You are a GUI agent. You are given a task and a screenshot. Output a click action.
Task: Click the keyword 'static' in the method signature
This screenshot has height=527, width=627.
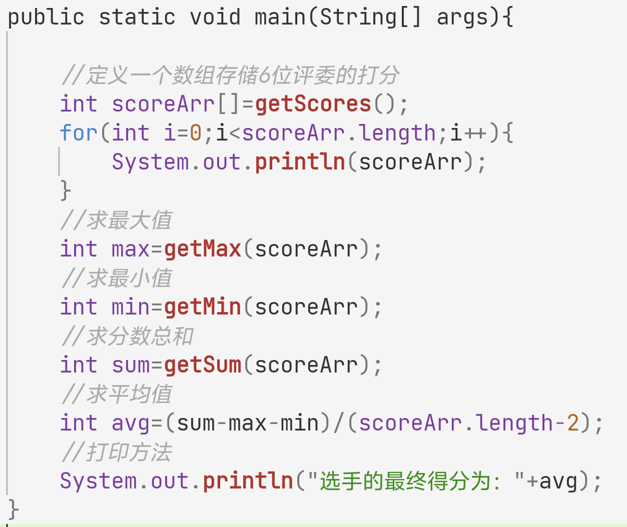(137, 17)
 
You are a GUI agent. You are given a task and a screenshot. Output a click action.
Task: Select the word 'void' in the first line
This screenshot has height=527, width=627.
(215, 17)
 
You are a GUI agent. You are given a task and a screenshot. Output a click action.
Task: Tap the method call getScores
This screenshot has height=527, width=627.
(313, 104)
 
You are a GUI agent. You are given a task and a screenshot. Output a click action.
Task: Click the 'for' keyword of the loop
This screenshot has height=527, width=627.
(79, 133)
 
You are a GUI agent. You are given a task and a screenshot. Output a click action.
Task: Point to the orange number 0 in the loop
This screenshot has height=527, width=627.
(196, 133)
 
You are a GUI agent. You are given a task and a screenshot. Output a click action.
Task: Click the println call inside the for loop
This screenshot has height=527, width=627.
(300, 162)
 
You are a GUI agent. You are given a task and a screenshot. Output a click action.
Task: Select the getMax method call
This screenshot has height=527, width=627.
(203, 249)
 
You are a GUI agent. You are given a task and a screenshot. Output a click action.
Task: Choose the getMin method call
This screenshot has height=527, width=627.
(203, 307)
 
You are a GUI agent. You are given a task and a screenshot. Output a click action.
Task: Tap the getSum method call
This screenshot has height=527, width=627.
(203, 365)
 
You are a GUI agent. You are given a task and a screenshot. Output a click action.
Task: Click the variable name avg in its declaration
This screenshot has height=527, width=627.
(131, 423)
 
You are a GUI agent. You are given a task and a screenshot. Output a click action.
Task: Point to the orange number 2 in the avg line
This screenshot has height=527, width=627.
(573, 423)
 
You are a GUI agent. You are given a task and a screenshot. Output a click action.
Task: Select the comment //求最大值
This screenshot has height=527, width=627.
(117, 220)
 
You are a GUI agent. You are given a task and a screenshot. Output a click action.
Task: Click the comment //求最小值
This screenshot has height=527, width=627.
(117, 278)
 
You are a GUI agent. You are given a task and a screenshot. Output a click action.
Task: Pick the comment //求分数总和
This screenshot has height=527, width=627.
(127, 336)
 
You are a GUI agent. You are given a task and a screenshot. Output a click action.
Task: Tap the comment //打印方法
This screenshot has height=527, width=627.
(117, 452)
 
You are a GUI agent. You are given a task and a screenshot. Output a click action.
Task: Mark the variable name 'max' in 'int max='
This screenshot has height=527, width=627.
(131, 249)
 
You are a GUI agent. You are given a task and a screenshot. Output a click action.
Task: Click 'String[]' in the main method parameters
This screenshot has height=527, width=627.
(371, 17)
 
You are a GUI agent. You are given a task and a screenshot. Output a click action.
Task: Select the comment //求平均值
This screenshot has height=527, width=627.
(117, 394)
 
